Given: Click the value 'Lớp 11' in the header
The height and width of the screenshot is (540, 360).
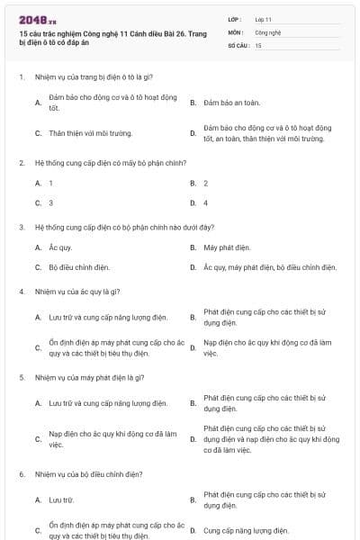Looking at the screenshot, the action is pos(263,19).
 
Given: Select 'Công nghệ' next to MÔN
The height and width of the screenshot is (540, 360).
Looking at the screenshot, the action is pos(267,31).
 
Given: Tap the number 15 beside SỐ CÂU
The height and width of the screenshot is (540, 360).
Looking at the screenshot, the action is pos(258,44).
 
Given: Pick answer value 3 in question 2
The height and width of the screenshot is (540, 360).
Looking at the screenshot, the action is pos(50,202).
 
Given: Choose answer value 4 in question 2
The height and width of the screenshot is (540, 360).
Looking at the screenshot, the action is pos(205,202).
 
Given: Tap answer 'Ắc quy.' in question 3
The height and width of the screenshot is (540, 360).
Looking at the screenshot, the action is pos(60,247).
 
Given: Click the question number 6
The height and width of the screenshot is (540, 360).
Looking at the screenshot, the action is pos(21,473).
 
